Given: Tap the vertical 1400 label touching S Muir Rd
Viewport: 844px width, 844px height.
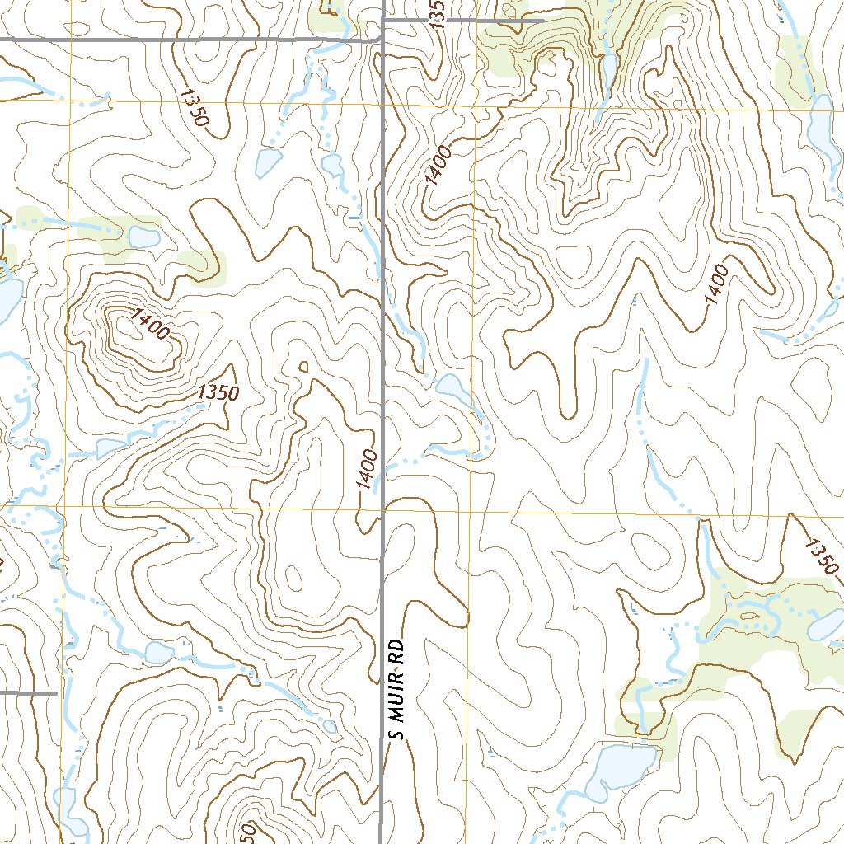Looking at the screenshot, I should (368, 469).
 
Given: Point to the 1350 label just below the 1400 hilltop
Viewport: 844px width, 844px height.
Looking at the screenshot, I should (218, 393).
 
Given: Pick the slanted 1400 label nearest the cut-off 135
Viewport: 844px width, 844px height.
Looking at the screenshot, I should (438, 165).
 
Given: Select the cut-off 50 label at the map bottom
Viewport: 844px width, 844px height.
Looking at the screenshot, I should (246, 832).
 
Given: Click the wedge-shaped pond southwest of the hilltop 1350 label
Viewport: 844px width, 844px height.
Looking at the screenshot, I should (110, 448).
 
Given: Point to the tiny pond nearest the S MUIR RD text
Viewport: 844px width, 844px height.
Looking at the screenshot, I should (330, 725).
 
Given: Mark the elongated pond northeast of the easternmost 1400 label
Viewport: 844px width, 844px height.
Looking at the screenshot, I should (821, 124).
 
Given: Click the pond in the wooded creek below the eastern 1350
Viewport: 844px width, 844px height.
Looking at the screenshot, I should (827, 626).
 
